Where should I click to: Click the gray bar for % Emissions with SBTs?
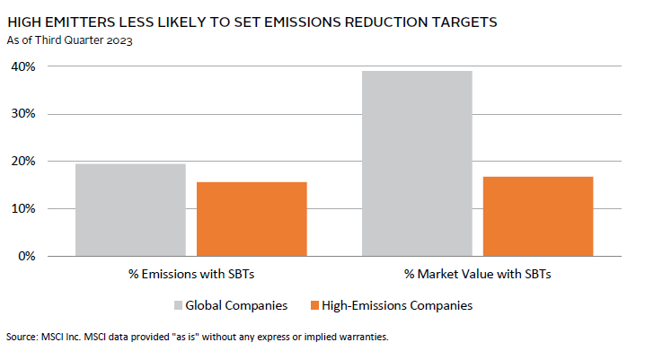coord(130,209)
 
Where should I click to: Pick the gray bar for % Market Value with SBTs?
coord(417,162)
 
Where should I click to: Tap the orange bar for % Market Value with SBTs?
coord(538,215)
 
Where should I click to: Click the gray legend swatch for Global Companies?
coord(178,305)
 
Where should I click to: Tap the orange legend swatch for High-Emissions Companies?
coord(313,305)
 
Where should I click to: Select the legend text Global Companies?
coord(236,305)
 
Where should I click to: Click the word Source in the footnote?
coord(20,338)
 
